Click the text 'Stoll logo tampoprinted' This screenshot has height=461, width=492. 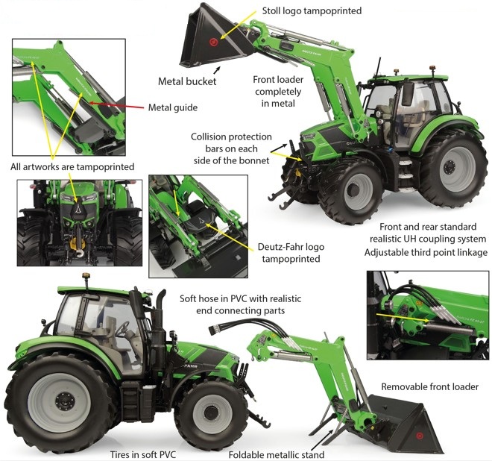(312, 11)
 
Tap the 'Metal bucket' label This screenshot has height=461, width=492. (186, 81)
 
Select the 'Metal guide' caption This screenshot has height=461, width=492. (172, 107)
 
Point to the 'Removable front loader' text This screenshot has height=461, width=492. (429, 386)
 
